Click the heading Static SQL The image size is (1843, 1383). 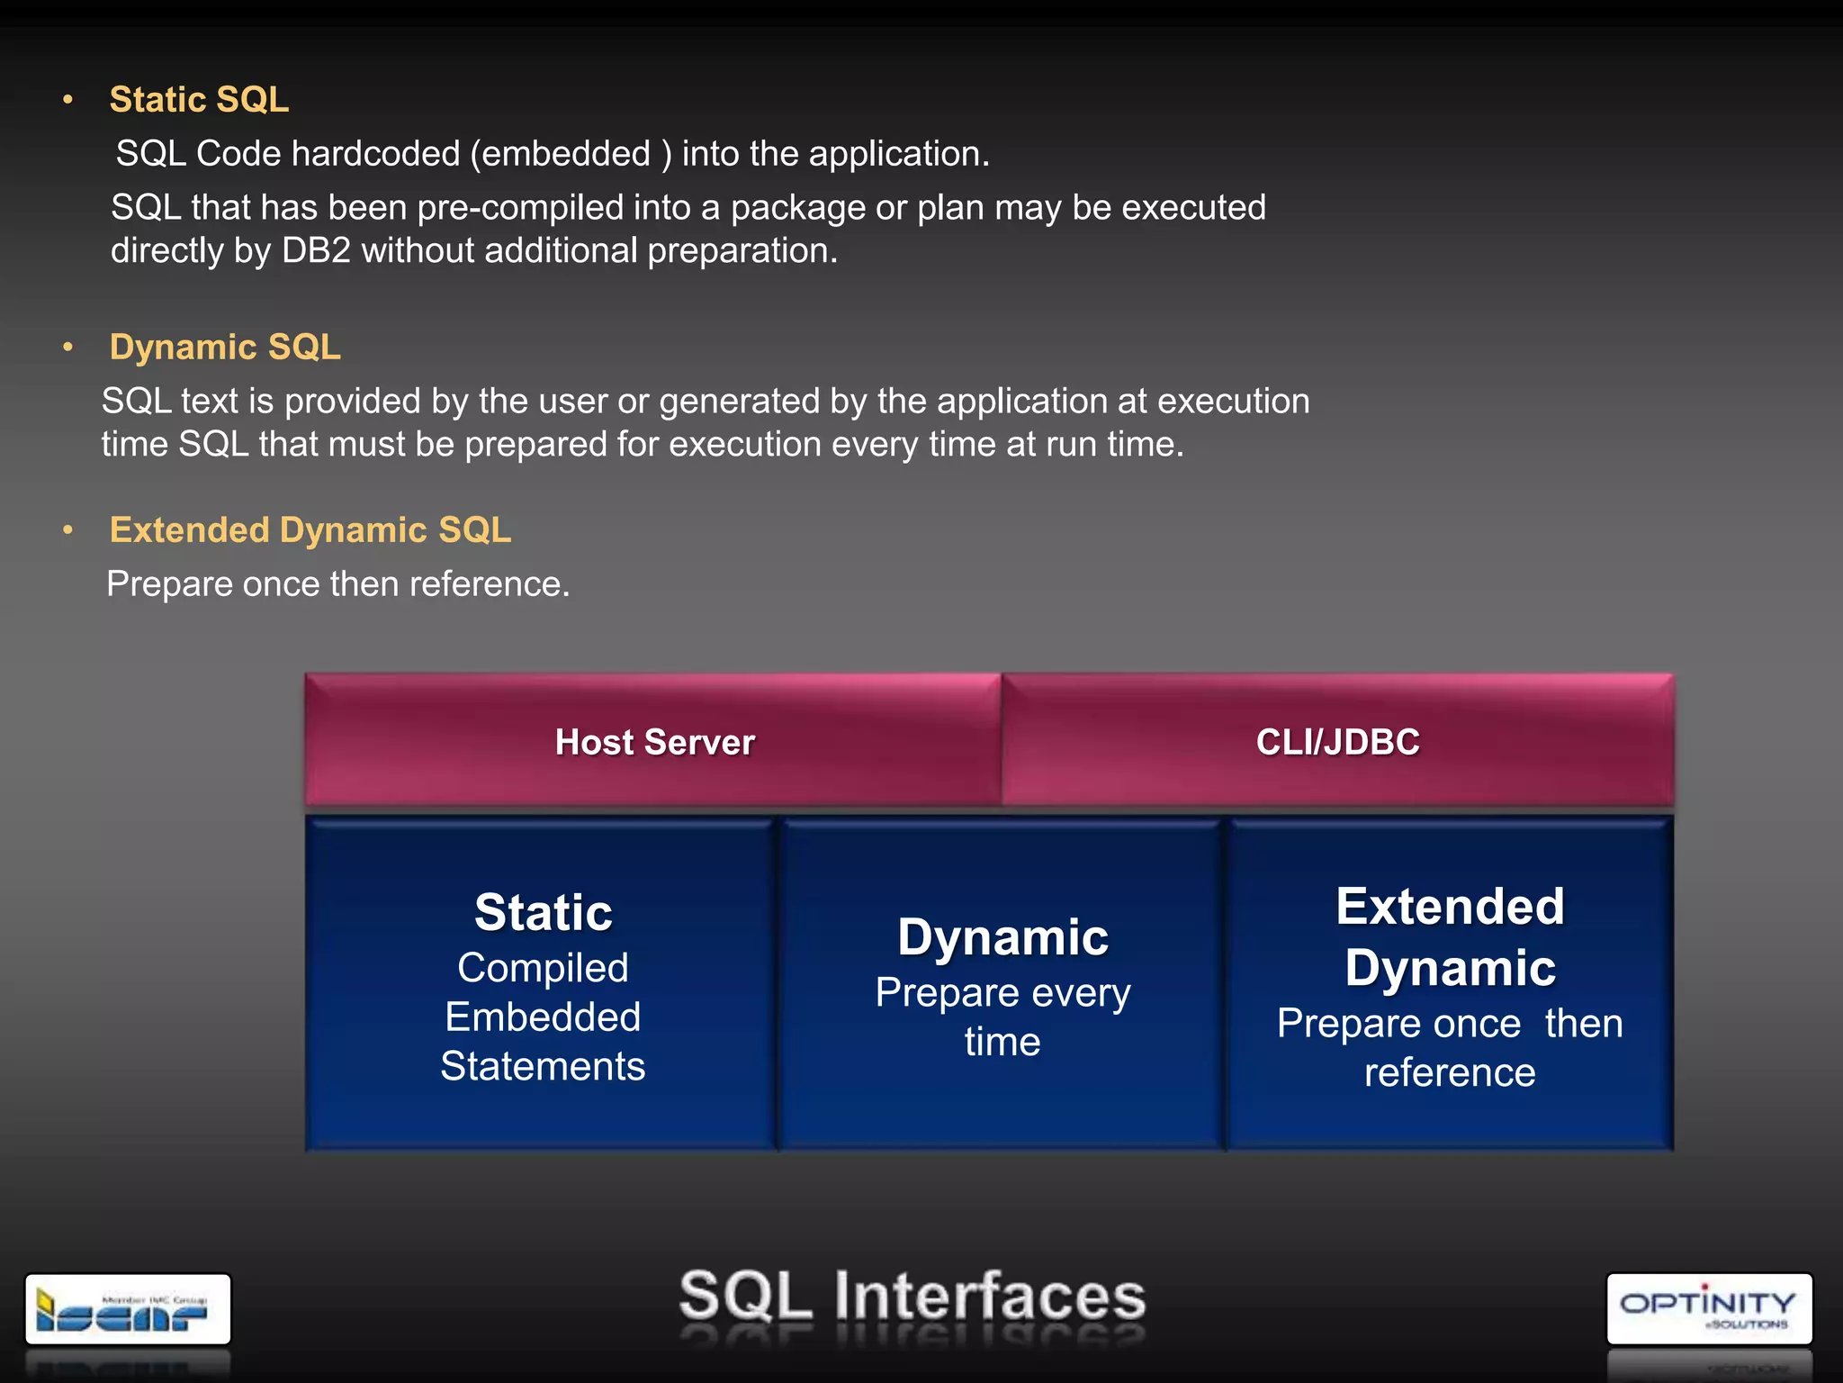199,100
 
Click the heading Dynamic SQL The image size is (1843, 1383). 225,348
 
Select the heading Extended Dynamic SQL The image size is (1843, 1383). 310,530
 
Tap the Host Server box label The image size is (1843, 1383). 654,743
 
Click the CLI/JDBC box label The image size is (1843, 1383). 1337,743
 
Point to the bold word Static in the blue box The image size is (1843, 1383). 543,913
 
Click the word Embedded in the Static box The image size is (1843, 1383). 543,1017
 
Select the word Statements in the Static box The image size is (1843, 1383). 543,1067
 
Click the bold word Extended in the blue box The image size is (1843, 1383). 1450,907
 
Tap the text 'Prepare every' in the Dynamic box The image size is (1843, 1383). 1002,993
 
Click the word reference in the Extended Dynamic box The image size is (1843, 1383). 1450,1073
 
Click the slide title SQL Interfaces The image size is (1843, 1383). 912,1297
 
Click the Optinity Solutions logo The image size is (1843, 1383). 1708,1309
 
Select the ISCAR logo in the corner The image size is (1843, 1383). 128,1309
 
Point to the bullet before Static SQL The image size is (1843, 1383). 67,100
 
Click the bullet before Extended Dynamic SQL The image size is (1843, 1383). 67,530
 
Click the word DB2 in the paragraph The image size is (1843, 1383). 316,251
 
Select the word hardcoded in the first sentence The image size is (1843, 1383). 375,154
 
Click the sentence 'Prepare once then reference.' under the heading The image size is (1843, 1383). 337,584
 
